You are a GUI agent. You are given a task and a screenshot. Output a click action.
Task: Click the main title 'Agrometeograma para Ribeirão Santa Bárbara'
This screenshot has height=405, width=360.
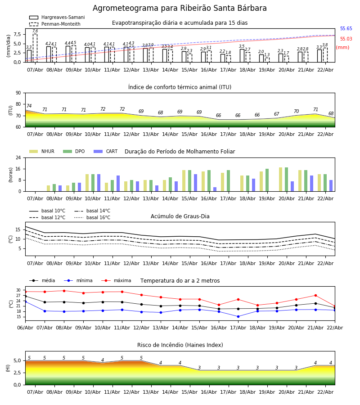[x=180, y=9]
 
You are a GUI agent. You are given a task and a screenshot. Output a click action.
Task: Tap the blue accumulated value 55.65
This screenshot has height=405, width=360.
[x=346, y=29]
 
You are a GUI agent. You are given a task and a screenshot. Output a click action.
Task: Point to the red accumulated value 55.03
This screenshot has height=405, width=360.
[x=346, y=39]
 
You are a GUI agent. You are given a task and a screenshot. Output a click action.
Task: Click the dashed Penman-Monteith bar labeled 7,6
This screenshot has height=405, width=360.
[x=35, y=47]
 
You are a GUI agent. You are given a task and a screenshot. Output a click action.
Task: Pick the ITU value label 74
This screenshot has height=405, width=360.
[x=29, y=106]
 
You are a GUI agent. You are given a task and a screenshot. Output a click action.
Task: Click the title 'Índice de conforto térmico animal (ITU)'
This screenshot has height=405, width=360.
[x=180, y=87]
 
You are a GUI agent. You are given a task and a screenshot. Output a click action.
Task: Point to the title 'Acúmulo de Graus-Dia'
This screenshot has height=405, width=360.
[x=180, y=216]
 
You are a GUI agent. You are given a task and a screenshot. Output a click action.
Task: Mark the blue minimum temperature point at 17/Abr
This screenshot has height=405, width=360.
[x=238, y=316]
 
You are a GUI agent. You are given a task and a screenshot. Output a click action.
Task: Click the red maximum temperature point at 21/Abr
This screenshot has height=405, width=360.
[x=315, y=295]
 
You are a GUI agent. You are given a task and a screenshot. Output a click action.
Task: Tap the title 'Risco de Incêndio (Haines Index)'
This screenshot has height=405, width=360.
[x=180, y=345]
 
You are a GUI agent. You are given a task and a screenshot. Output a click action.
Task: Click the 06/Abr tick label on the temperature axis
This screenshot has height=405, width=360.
[x=25, y=327]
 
